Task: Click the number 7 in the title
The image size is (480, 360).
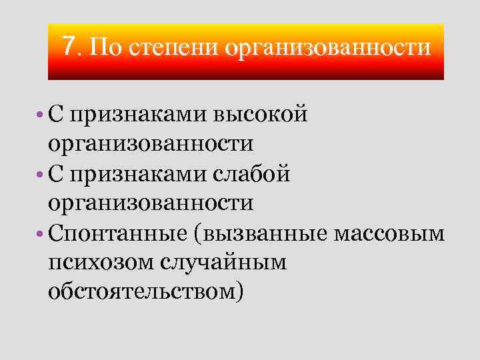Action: pos(69,46)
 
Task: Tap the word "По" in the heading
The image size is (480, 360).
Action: pos(103,47)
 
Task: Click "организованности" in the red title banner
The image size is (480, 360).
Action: pos(329,48)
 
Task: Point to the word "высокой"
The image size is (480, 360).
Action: pos(261,115)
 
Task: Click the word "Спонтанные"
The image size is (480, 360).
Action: pos(115,233)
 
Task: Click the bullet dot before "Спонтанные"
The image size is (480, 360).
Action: pos(41,234)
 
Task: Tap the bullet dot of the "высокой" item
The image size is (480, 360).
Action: pos(41,115)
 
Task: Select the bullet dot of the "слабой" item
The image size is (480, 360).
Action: pos(41,175)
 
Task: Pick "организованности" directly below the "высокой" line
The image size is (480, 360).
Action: pos(151,144)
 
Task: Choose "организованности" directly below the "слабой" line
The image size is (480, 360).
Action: pos(151,203)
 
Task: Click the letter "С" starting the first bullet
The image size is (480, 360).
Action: pos(55,115)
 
